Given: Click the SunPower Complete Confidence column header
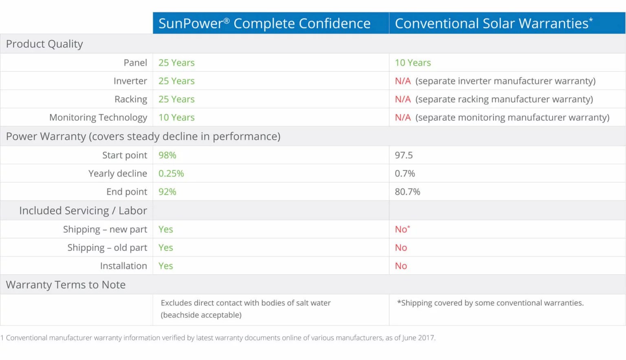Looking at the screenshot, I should pos(264,23).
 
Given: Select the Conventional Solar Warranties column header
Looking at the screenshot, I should pos(493,23).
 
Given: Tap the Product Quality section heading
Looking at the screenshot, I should pos(44,44).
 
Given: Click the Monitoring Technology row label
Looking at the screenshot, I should pos(98,117).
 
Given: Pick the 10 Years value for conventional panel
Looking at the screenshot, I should pos(412,63).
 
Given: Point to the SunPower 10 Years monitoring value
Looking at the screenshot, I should pos(176,117).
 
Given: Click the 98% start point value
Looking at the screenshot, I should pos(167,155).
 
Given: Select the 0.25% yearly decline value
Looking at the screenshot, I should pos(171,174).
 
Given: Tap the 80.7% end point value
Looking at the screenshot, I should pos(407,192).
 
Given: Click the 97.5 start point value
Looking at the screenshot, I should pos(403,155).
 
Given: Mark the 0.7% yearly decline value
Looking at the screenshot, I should pos(405,174).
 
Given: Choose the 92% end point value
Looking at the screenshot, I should pos(167,192).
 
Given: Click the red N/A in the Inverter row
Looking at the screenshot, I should pos(403,81).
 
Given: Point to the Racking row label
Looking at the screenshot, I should pos(130,99).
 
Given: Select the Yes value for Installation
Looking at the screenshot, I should pos(165,266).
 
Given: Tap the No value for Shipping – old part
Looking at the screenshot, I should pos(401,248).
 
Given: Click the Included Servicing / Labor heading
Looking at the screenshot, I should pos(83,211).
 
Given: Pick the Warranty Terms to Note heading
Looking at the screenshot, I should pos(66,285).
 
